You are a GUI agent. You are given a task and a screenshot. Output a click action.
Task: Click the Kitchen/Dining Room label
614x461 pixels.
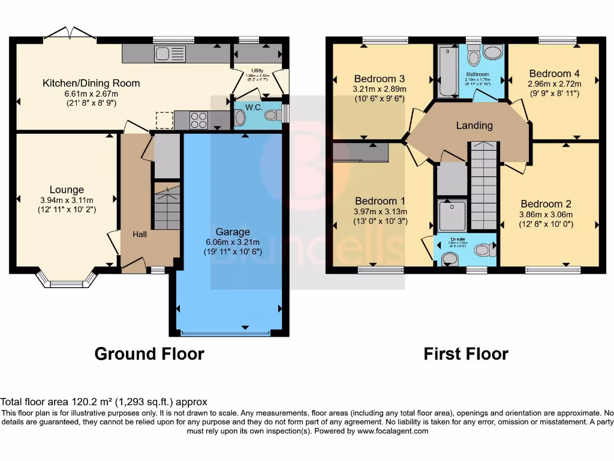click(x=91, y=83)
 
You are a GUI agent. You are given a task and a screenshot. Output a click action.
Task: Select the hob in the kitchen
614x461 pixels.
click(x=199, y=120)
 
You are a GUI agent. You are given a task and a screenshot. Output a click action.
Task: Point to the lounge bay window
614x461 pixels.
click(x=66, y=279)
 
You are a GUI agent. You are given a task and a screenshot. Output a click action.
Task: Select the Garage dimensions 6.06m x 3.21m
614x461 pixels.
click(x=233, y=242)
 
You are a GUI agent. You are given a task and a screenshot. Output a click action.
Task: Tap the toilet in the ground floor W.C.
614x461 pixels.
click(x=272, y=116)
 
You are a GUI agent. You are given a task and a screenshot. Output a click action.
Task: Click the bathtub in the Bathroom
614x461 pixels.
click(x=447, y=72)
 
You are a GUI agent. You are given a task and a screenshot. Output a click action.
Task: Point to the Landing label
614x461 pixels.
click(x=474, y=125)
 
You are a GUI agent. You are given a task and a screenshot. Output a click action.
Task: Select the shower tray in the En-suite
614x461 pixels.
click(x=452, y=216)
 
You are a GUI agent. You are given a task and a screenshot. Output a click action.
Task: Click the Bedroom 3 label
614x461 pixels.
click(x=379, y=79)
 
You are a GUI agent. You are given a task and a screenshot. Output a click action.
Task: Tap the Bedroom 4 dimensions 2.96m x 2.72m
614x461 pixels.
click(x=553, y=84)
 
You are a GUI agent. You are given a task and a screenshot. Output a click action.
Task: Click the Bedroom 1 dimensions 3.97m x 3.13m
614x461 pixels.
click(x=381, y=211)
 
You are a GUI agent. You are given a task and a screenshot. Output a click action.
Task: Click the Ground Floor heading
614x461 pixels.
click(x=149, y=354)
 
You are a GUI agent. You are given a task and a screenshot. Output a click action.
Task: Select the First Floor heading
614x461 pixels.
click(x=466, y=354)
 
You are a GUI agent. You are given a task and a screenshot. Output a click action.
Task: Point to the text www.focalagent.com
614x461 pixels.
click(x=393, y=431)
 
